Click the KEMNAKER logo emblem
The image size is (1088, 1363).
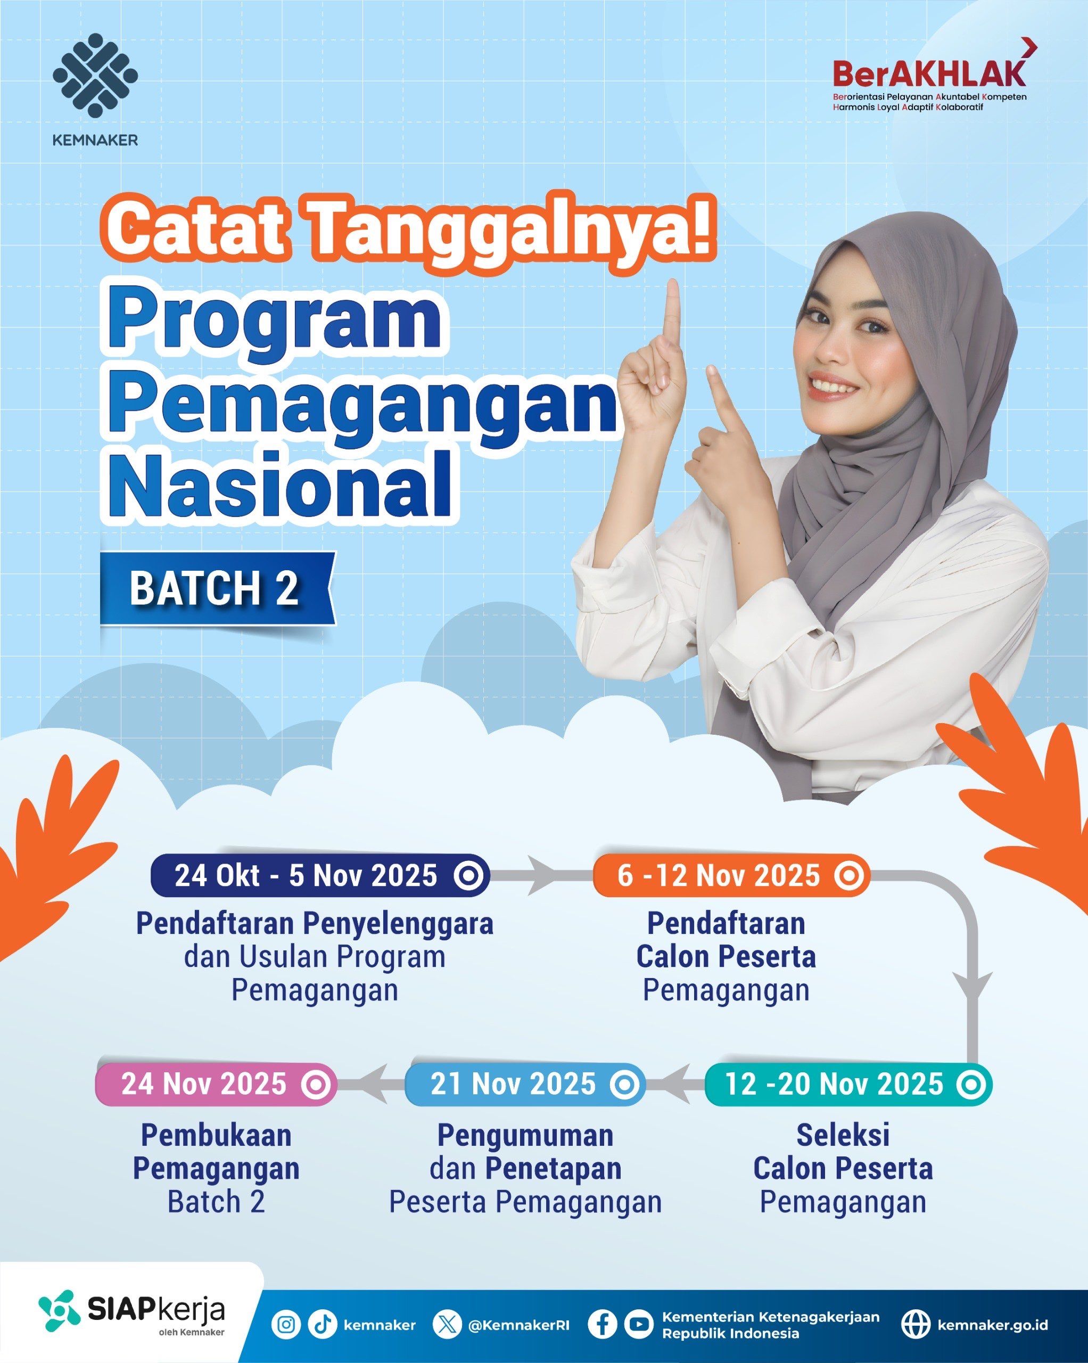click(95, 75)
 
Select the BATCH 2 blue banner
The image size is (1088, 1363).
click(218, 588)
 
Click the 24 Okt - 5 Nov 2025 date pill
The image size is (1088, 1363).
click(320, 876)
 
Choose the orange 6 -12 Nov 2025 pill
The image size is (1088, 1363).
click(731, 876)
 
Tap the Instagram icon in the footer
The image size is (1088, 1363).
click(286, 1320)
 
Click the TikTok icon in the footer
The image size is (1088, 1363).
click(322, 1320)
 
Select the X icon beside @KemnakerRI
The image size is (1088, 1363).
click(448, 1320)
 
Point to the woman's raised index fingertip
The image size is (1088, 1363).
click(672, 286)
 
